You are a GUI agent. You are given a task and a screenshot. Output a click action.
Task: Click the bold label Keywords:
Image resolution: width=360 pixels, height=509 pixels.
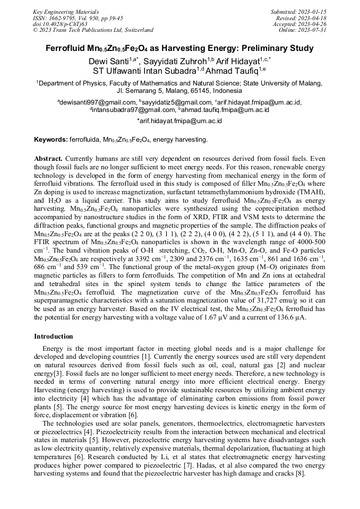pyautogui.click(x=51, y=140)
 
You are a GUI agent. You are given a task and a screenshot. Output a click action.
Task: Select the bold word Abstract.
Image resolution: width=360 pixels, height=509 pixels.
pyautogui.click(x=48, y=158)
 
